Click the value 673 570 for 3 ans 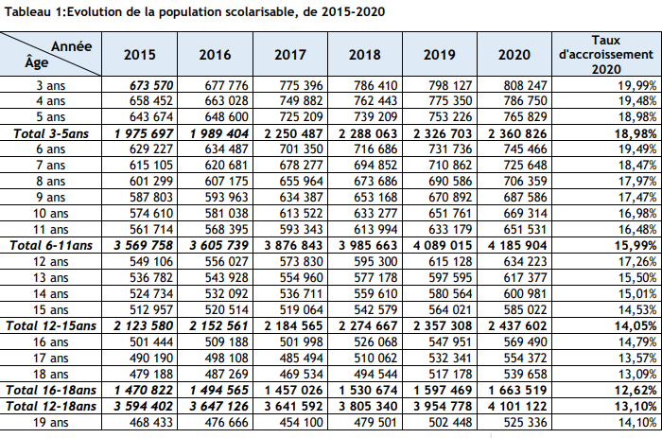click(148, 85)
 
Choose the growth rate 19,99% click(636, 85)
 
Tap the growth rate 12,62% click(636, 389)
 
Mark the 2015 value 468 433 click(148, 421)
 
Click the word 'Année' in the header click(71, 44)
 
